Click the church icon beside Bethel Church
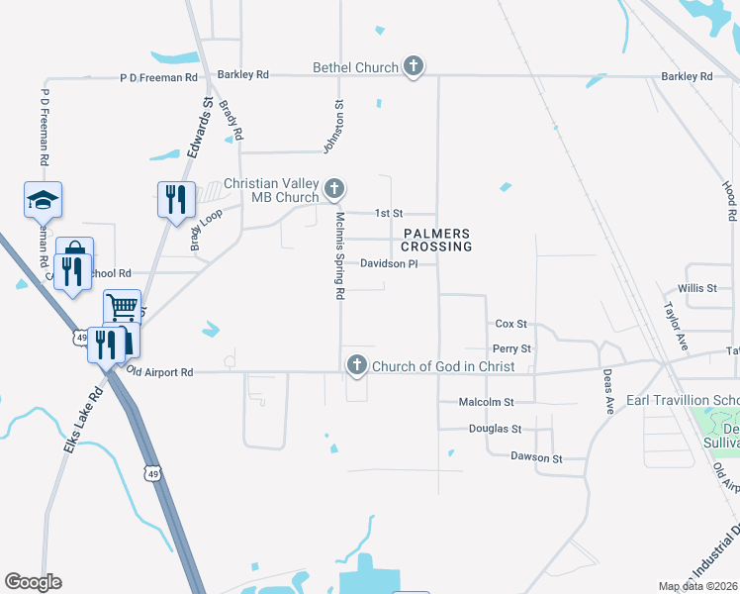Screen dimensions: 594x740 pyautogui.click(x=414, y=67)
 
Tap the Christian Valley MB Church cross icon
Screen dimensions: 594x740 pyautogui.click(x=334, y=188)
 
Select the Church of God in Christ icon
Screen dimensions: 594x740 pyautogui.click(x=356, y=366)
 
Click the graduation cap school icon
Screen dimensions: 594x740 pyautogui.click(x=43, y=199)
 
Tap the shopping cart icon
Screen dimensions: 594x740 pyautogui.click(x=122, y=307)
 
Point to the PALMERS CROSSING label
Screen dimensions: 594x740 pyautogui.click(x=436, y=239)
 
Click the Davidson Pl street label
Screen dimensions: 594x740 pyautogui.click(x=389, y=264)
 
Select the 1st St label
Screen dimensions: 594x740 pyautogui.click(x=389, y=213)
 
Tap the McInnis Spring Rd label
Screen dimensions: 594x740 pyautogui.click(x=339, y=255)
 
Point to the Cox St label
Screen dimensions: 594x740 pyautogui.click(x=510, y=324)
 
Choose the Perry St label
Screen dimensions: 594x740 pyautogui.click(x=511, y=349)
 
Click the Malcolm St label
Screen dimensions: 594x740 pyautogui.click(x=487, y=402)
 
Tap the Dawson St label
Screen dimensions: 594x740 pyautogui.click(x=536, y=457)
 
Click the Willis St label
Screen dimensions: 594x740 pyautogui.click(x=697, y=288)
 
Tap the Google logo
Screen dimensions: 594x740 pyautogui.click(x=33, y=582)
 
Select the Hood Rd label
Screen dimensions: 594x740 pyautogui.click(x=729, y=201)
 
